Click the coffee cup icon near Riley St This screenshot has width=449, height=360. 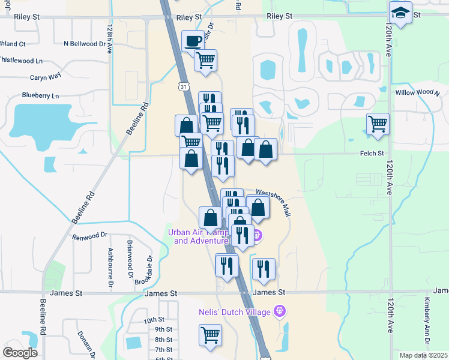193,41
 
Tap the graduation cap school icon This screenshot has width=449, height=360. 400,13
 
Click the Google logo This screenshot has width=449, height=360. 20,353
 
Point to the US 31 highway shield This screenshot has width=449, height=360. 182,86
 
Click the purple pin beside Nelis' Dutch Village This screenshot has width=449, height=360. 279,311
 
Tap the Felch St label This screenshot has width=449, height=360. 372,154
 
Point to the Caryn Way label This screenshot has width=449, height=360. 46,77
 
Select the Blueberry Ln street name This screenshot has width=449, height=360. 40,95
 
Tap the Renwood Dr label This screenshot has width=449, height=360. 89,236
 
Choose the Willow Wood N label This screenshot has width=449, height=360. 417,93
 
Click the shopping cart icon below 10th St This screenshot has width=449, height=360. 210,335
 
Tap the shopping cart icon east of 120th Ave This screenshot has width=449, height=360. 378,124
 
